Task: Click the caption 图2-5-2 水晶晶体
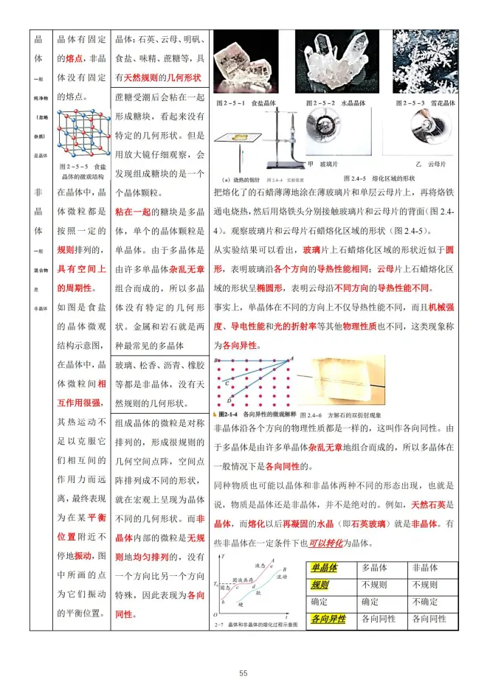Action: point(336,102)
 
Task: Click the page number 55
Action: point(243,673)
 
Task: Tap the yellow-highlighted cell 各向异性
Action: point(328,619)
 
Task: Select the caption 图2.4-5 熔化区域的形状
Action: point(379,178)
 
